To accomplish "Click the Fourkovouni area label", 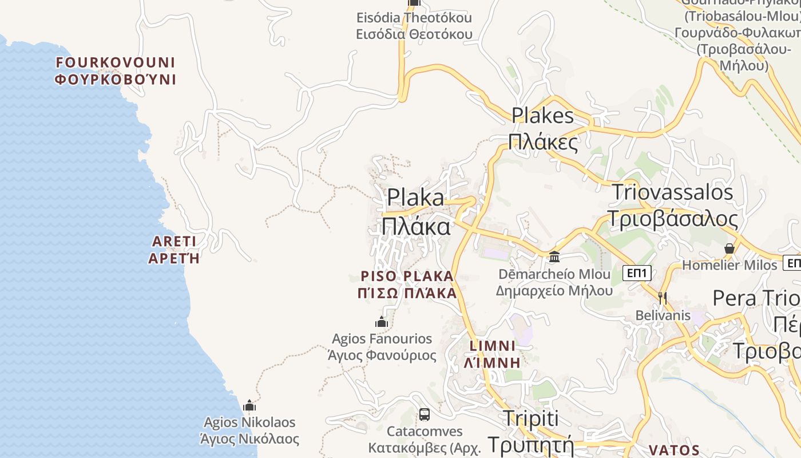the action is (115, 70).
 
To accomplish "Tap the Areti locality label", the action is (174, 249).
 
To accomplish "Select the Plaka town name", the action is (416, 212).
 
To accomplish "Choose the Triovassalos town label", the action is (672, 205).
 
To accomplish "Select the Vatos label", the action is (675, 450).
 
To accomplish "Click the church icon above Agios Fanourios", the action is (382, 322).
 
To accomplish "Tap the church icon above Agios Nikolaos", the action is (249, 406).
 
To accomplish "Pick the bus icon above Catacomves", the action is (424, 414).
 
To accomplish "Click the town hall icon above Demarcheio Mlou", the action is (554, 256).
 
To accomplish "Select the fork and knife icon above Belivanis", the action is (663, 298).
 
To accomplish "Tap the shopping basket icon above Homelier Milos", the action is (729, 248).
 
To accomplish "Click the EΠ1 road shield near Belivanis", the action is (637, 273).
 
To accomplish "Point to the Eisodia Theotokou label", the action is (414, 26).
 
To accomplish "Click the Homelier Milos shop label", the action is (729, 265).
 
